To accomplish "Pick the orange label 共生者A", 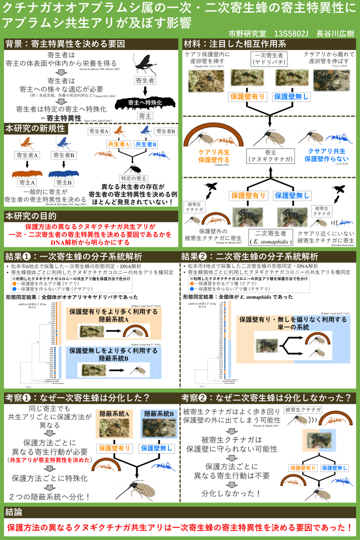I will click(118, 144).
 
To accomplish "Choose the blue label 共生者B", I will click(146, 144).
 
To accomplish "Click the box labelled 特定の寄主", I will click(134, 178).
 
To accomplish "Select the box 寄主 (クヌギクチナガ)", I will click(270, 156).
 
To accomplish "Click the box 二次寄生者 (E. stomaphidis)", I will click(270, 235).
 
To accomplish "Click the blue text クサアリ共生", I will click(325, 150).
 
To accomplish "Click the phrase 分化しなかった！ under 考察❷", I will click(231, 492).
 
